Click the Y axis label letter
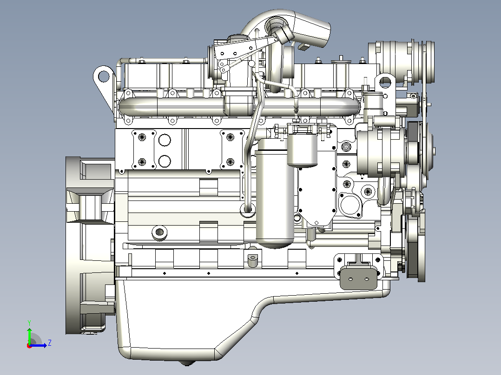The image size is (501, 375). click(x=29, y=323)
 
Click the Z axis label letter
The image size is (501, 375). click(x=50, y=343)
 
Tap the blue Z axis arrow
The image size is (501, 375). click(x=38, y=345)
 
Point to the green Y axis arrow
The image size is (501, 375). click(x=29, y=336)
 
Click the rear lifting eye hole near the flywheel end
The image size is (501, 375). click(x=103, y=77)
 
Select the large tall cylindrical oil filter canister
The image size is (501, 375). click(x=275, y=193)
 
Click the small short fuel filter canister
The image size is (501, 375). click(x=302, y=150)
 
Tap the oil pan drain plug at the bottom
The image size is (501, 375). click(x=186, y=363)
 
